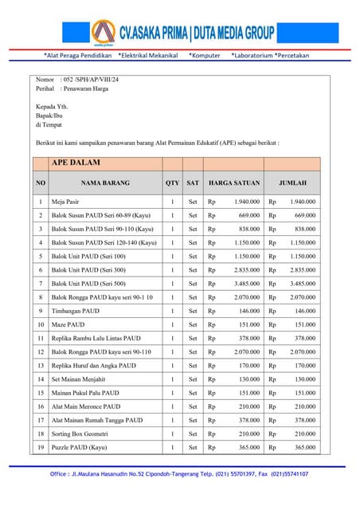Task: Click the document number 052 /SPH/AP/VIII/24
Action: click(88, 80)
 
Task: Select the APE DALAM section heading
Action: click(76, 163)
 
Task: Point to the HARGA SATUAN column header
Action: click(233, 182)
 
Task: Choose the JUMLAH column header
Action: click(292, 182)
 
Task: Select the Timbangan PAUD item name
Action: click(76, 311)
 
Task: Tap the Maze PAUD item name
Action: click(68, 324)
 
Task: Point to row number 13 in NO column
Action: click(41, 366)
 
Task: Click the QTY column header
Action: click(172, 182)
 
